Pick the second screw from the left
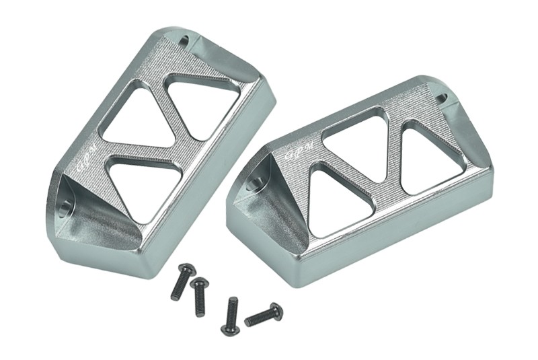[199, 296]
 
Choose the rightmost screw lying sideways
[264, 315]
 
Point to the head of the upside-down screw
[230, 330]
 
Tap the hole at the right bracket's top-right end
[441, 98]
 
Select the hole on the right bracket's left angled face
[254, 182]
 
